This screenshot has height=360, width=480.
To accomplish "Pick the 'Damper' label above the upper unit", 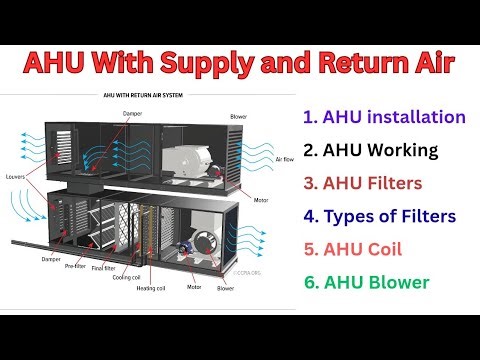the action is coord(132,112).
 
